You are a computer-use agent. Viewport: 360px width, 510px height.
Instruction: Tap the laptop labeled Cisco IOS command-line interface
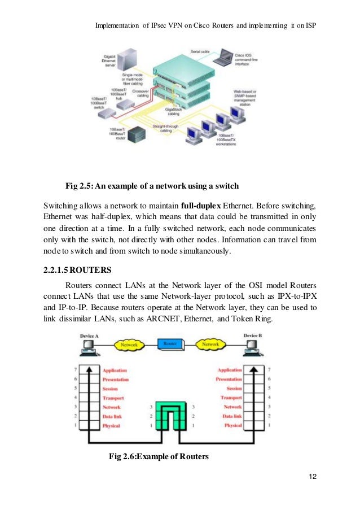pyautogui.click(x=226, y=56)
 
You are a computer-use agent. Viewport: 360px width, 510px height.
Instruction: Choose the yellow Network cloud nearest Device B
pyautogui.click(x=210, y=344)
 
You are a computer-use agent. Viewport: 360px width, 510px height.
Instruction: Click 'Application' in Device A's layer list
pyautogui.click(x=115, y=370)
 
